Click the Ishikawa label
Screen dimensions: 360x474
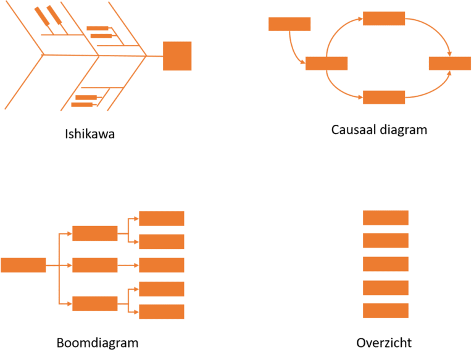(x=90, y=133)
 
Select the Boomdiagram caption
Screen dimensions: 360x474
(x=97, y=343)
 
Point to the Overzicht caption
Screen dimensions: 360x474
(x=385, y=343)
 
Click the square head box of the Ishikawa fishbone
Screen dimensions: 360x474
(x=177, y=56)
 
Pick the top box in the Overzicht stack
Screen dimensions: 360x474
(x=386, y=217)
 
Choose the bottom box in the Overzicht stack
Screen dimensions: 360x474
(x=386, y=311)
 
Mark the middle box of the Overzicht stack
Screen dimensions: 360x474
(x=386, y=264)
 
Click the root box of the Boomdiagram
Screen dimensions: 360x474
(x=23, y=265)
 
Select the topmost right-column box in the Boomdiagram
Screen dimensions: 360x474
(x=162, y=218)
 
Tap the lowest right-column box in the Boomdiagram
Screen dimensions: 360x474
(x=162, y=311)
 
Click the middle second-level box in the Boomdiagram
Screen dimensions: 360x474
(x=94, y=265)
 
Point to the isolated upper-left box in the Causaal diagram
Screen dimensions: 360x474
(x=289, y=24)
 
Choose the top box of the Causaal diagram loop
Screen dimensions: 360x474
(x=384, y=18)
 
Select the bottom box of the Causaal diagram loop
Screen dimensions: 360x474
(x=384, y=97)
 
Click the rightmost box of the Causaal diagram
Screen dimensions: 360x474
(x=449, y=63)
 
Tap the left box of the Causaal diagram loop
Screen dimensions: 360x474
(x=326, y=63)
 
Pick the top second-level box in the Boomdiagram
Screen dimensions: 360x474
(x=94, y=233)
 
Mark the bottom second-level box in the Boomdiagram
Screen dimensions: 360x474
(x=94, y=303)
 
